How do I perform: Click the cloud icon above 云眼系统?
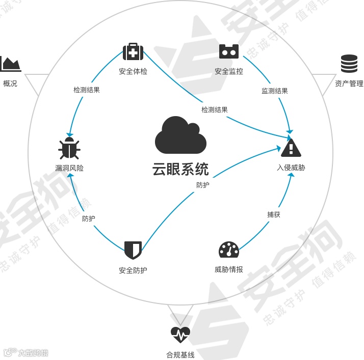click(x=180, y=135)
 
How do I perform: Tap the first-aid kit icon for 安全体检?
click(x=133, y=51)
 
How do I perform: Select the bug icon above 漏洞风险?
click(x=69, y=148)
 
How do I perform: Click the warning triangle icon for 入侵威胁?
click(x=291, y=148)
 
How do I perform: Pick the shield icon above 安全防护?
click(x=133, y=250)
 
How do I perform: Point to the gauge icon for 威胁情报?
click(x=229, y=250)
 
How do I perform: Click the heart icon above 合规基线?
click(x=180, y=335)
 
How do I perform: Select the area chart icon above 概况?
click(x=10, y=64)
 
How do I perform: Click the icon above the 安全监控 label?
click(x=229, y=51)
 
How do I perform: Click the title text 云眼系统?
click(x=180, y=169)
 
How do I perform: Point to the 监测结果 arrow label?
click(x=275, y=91)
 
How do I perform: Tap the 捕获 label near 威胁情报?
click(x=274, y=214)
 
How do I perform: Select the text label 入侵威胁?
click(x=291, y=168)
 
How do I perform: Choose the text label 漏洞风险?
click(x=69, y=168)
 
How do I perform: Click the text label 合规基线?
click(x=180, y=354)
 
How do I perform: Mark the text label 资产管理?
click(x=349, y=84)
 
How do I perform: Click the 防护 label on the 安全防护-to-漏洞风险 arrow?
click(x=89, y=218)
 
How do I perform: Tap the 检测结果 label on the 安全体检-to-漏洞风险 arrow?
click(x=87, y=90)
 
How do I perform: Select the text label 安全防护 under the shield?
click(x=133, y=270)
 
